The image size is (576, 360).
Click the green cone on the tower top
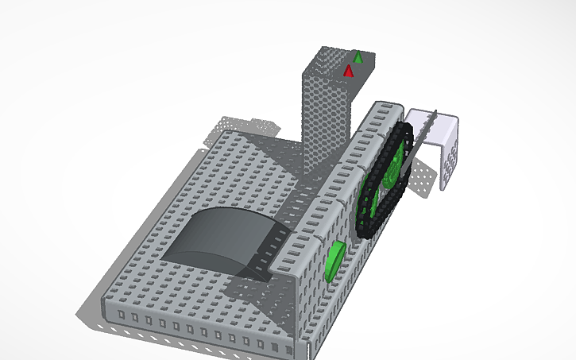(x=358, y=56)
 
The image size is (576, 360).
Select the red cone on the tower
(x=348, y=72)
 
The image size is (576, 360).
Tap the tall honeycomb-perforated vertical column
(x=326, y=119)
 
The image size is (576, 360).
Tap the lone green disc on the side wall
(x=334, y=262)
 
